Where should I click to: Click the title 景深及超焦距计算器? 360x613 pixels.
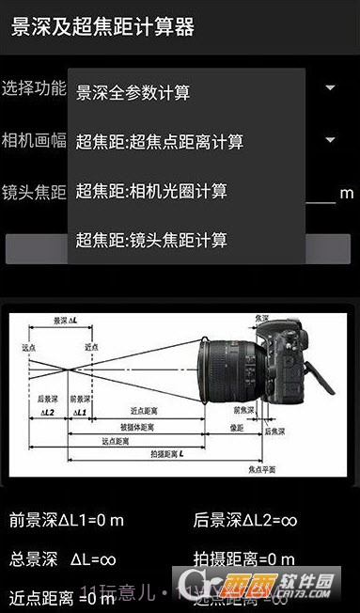pyautogui.click(x=102, y=26)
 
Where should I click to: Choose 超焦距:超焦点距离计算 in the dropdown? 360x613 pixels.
pyautogui.click(x=160, y=142)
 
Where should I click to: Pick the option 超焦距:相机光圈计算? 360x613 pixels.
pyautogui.click(x=151, y=191)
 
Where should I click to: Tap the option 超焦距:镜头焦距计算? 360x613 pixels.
pyautogui.click(x=151, y=240)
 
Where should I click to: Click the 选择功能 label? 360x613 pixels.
pyautogui.click(x=34, y=88)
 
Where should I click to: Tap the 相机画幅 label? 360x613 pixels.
pyautogui.click(x=34, y=140)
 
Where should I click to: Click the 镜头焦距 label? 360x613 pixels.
pyautogui.click(x=34, y=193)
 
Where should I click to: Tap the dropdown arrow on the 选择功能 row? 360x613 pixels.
pyautogui.click(x=331, y=88)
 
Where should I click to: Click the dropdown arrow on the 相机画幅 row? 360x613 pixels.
pyautogui.click(x=331, y=141)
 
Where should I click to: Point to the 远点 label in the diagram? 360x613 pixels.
pyautogui.click(x=28, y=347)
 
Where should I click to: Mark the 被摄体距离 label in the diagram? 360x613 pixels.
pyautogui.click(x=137, y=426)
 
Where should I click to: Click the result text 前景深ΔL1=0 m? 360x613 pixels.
pyautogui.click(x=67, y=519)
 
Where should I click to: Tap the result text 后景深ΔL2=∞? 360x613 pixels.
pyautogui.click(x=244, y=519)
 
